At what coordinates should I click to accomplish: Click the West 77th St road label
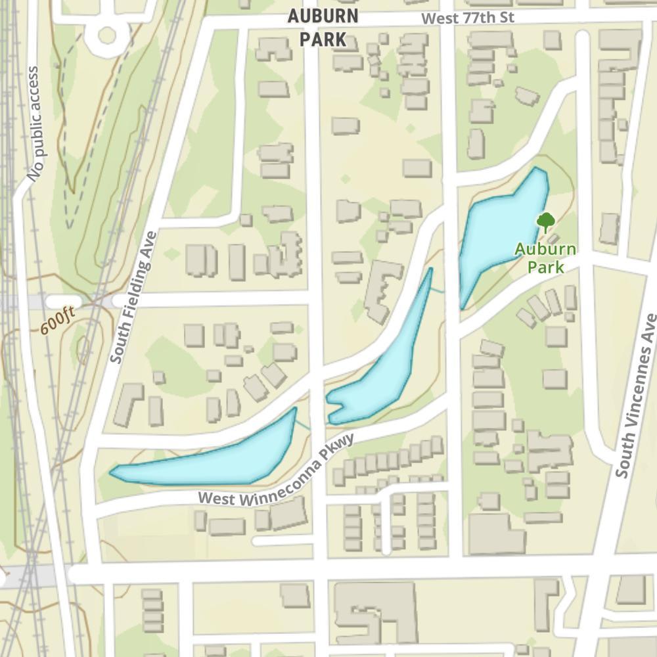(468, 18)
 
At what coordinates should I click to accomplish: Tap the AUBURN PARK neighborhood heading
(323, 28)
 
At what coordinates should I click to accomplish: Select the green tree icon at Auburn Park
(545, 221)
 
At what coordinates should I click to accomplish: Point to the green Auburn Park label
(545, 258)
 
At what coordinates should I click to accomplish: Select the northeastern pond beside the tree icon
(501, 230)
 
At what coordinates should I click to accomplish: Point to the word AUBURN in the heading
(323, 16)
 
